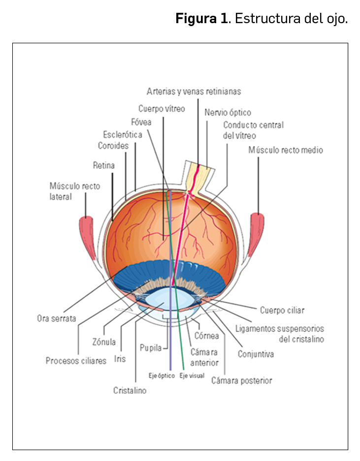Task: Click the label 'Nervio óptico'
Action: coord(228,113)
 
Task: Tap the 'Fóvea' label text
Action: coord(141,122)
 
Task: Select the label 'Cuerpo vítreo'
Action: coord(162,109)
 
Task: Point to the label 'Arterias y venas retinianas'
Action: coord(194,92)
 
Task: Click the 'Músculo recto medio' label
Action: coord(286,150)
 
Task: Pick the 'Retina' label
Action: coord(104,165)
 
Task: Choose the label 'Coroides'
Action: coord(113,146)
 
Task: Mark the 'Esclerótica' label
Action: coord(123,134)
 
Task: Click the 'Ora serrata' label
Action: coord(57,318)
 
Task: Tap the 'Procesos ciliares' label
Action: coord(76,361)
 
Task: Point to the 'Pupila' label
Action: coord(150,348)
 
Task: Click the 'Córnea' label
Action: coord(207,336)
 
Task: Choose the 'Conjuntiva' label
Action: coord(256,354)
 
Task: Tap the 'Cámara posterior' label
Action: coord(242,380)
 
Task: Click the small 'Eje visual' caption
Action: coord(192,376)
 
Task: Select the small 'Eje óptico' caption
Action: coord(162,376)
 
